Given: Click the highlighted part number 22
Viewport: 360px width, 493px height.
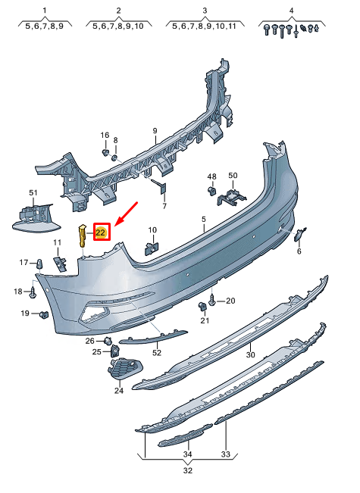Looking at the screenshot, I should click(x=101, y=232).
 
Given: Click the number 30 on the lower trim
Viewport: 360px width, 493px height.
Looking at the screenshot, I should click(x=250, y=354).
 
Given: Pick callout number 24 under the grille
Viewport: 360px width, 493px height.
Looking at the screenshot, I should click(x=118, y=391).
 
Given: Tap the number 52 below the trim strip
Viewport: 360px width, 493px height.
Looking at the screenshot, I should click(x=157, y=352).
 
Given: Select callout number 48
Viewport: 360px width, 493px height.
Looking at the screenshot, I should click(x=211, y=176).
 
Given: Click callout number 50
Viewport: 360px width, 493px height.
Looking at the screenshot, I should click(x=233, y=176).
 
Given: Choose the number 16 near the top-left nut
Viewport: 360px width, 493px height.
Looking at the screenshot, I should click(x=105, y=135).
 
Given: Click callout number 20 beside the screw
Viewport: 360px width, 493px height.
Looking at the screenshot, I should click(x=230, y=301).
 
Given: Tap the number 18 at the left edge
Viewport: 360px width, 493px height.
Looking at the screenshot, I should click(x=18, y=292).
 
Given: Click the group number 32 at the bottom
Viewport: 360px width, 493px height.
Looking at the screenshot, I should click(x=188, y=470).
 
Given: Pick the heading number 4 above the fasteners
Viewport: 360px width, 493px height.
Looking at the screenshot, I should click(x=291, y=11).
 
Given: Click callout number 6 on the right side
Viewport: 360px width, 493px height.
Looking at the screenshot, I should click(x=299, y=252).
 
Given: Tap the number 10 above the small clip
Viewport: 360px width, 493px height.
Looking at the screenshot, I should click(x=152, y=230).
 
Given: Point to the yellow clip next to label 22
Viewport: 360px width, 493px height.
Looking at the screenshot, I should click(x=83, y=236).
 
